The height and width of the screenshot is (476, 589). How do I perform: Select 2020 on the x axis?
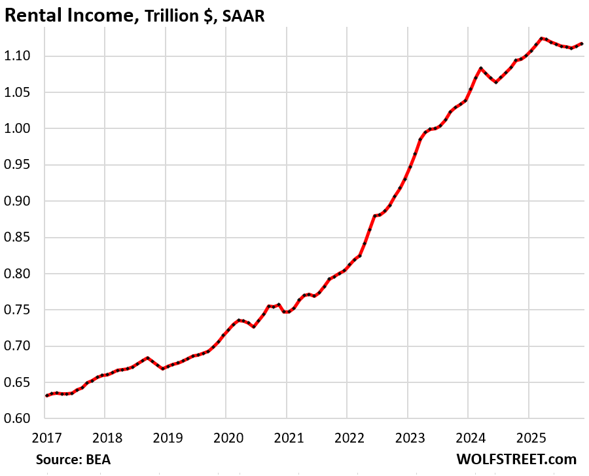coord(225,437)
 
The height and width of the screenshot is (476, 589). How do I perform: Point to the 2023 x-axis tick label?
coord(407,437)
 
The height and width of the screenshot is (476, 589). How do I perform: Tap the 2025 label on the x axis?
coord(528,437)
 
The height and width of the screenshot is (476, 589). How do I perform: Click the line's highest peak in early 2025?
coord(541,38)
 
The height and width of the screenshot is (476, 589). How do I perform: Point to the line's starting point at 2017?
coord(46,395)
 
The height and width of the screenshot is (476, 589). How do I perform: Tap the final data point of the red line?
coord(582,43)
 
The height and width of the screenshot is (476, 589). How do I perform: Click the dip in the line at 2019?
coord(163,368)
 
